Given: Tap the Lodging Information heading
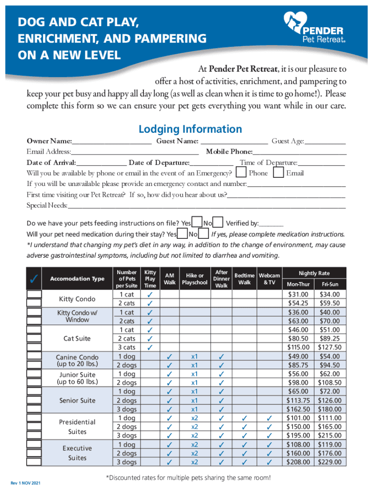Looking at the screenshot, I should (x=190, y=129).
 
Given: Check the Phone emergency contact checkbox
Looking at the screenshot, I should (x=242, y=173).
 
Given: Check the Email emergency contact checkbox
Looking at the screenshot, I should (x=279, y=173).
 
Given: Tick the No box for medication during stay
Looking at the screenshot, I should (x=203, y=234).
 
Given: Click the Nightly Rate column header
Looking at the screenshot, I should (x=314, y=274).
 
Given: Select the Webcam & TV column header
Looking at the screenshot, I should (x=269, y=279).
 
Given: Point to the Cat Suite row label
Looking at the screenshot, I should (x=77, y=339).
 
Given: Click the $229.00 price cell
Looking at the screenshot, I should (x=329, y=462).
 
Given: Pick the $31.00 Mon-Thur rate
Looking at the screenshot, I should (x=298, y=294).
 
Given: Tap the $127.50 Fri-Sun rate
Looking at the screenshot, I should (x=329, y=347).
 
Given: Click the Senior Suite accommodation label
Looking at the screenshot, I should (x=77, y=401).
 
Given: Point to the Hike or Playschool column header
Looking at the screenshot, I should (x=195, y=279).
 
